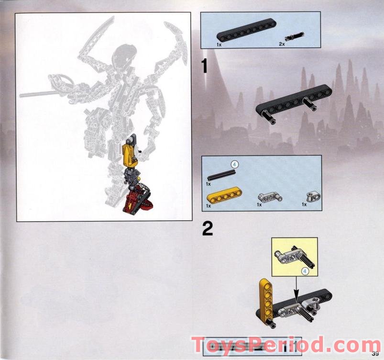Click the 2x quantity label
tap(282, 44)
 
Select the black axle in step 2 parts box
tap(222, 175)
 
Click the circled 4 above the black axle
tap(235, 164)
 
